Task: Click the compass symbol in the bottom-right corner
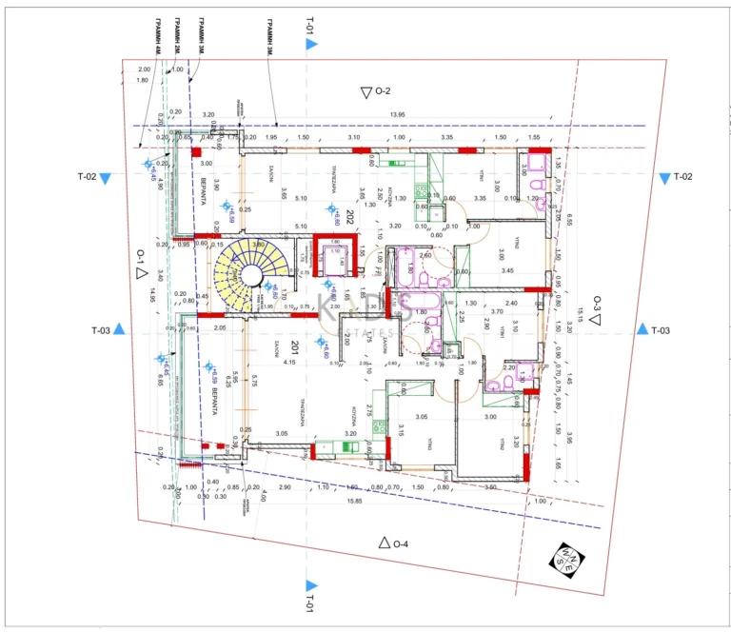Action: pyautogui.click(x=567, y=562)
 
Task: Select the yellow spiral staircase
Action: pyautogui.click(x=249, y=274)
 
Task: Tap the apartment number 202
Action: pyautogui.click(x=350, y=215)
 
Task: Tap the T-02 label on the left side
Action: pyautogui.click(x=87, y=177)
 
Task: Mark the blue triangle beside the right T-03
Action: pyautogui.click(x=642, y=329)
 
